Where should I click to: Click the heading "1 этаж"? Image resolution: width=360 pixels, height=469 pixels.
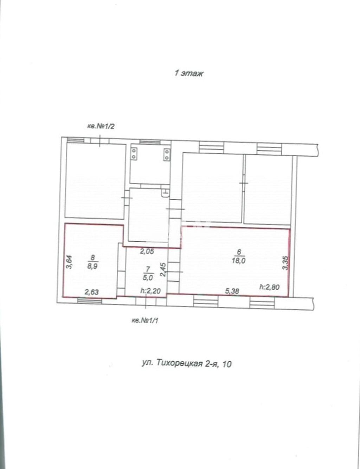189,73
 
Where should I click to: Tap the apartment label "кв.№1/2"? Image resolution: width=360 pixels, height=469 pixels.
101,126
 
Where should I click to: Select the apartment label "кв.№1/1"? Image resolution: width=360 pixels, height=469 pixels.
145,321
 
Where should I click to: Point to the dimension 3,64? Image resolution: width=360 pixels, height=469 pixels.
70,262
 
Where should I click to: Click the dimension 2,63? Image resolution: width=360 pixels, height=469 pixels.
92,292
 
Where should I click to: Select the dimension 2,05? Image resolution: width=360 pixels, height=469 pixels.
147,251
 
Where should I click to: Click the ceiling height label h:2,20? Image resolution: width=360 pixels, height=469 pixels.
150,291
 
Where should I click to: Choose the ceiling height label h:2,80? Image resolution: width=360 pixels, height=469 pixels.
269,287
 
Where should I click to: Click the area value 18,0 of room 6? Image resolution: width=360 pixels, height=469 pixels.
239,261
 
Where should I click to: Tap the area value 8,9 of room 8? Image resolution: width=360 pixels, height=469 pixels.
93,266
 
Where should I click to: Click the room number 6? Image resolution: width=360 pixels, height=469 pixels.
239,252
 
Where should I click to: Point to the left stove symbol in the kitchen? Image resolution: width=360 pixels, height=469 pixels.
134,154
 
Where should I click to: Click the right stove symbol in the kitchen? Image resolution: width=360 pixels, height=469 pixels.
167,154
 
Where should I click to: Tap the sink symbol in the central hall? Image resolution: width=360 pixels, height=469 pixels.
166,192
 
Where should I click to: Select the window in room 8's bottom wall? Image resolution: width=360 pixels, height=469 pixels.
89,300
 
